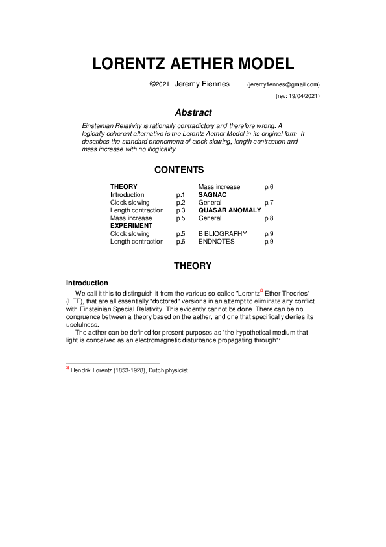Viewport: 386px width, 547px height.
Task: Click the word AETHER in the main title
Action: click(193, 64)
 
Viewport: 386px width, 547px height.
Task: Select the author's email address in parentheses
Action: click(283, 84)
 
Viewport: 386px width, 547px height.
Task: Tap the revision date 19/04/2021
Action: click(302, 96)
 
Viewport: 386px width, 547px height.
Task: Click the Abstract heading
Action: click(193, 112)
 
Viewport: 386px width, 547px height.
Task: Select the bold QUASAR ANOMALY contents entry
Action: click(230, 210)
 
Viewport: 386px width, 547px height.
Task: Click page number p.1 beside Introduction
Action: click(181, 194)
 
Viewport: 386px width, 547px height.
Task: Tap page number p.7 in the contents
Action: click(269, 202)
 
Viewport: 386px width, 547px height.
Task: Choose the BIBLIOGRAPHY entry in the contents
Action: click(223, 233)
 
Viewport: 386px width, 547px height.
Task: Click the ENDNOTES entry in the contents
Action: click(216, 241)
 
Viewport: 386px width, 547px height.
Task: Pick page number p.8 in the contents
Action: click(269, 218)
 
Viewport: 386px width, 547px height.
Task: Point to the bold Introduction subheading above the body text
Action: click(87, 283)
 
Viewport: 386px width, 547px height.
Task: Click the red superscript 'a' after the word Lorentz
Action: click(261, 290)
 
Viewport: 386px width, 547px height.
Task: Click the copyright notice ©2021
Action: click(160, 84)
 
